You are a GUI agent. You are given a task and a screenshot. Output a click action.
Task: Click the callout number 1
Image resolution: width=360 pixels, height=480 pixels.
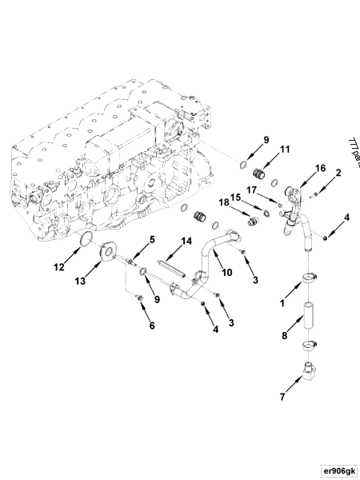click(282, 303)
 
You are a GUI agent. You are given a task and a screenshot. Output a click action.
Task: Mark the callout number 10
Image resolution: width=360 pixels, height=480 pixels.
click(226, 272)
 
